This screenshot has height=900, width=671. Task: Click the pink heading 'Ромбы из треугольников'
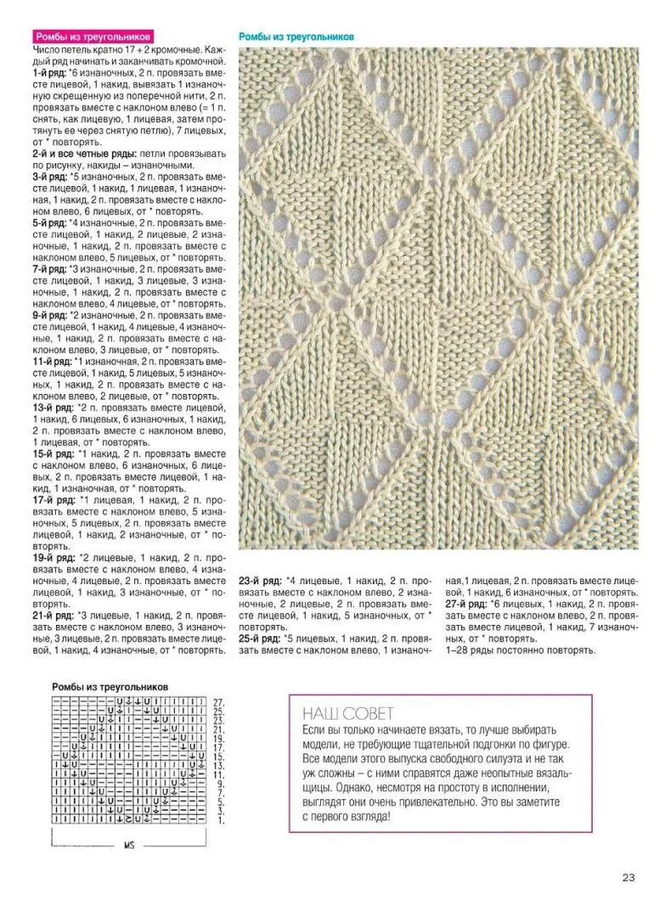pyautogui.click(x=93, y=37)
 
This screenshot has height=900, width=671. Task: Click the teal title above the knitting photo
pyautogui.click(x=296, y=37)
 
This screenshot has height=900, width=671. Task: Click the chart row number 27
pyautogui.click(x=218, y=702)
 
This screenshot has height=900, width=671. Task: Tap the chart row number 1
pyautogui.click(x=218, y=820)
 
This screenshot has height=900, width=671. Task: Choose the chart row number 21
pyautogui.click(x=218, y=729)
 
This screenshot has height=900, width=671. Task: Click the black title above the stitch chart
pyautogui.click(x=110, y=686)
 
